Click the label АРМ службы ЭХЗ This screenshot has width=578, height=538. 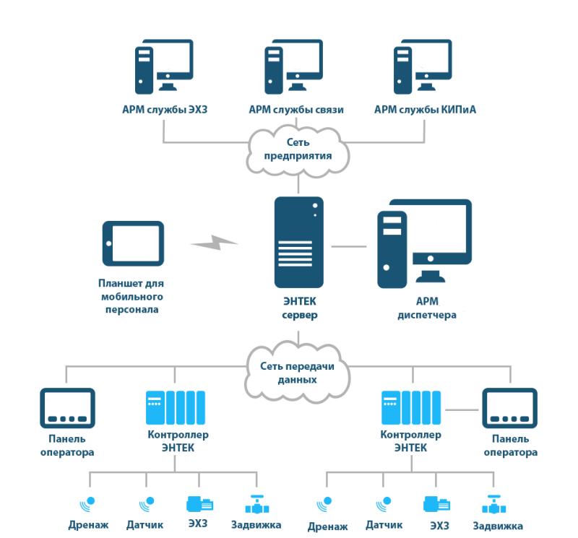[x=165, y=110]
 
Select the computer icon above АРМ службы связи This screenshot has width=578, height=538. [x=293, y=66]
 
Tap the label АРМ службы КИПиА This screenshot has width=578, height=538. [x=425, y=110]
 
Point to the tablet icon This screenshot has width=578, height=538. [x=133, y=243]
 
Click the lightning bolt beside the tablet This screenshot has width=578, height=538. [x=214, y=243]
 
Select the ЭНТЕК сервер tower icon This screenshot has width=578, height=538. [x=299, y=242]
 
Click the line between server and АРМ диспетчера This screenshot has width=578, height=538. [x=349, y=246]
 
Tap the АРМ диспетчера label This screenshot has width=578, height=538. [x=427, y=308]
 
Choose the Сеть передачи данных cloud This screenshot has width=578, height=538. [x=297, y=372]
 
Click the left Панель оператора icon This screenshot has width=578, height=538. [x=67, y=408]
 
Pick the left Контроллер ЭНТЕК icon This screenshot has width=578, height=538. [x=176, y=407]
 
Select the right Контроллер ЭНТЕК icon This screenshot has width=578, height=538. [x=411, y=407]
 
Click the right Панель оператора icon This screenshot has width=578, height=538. [x=510, y=408]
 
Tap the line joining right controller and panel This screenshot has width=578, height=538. [x=462, y=409]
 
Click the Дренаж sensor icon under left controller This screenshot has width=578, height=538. [x=87, y=504]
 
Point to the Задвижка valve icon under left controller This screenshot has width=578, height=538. [x=257, y=505]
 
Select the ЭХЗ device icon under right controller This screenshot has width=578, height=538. [x=437, y=504]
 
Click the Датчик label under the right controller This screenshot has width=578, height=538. [x=384, y=525]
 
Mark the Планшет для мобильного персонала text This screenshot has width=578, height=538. [x=131, y=296]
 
